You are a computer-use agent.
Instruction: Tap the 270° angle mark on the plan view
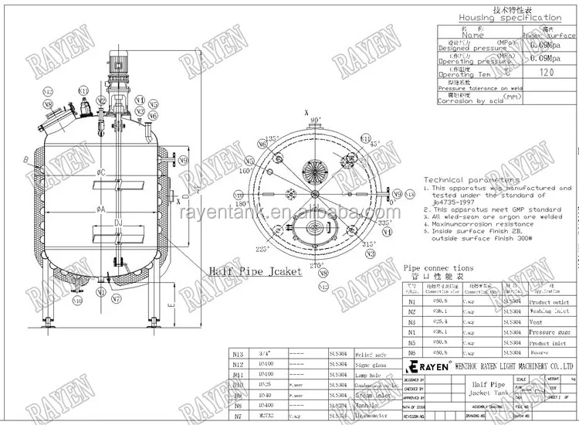coord(313,266)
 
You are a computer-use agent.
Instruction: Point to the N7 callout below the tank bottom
coord(116,297)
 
